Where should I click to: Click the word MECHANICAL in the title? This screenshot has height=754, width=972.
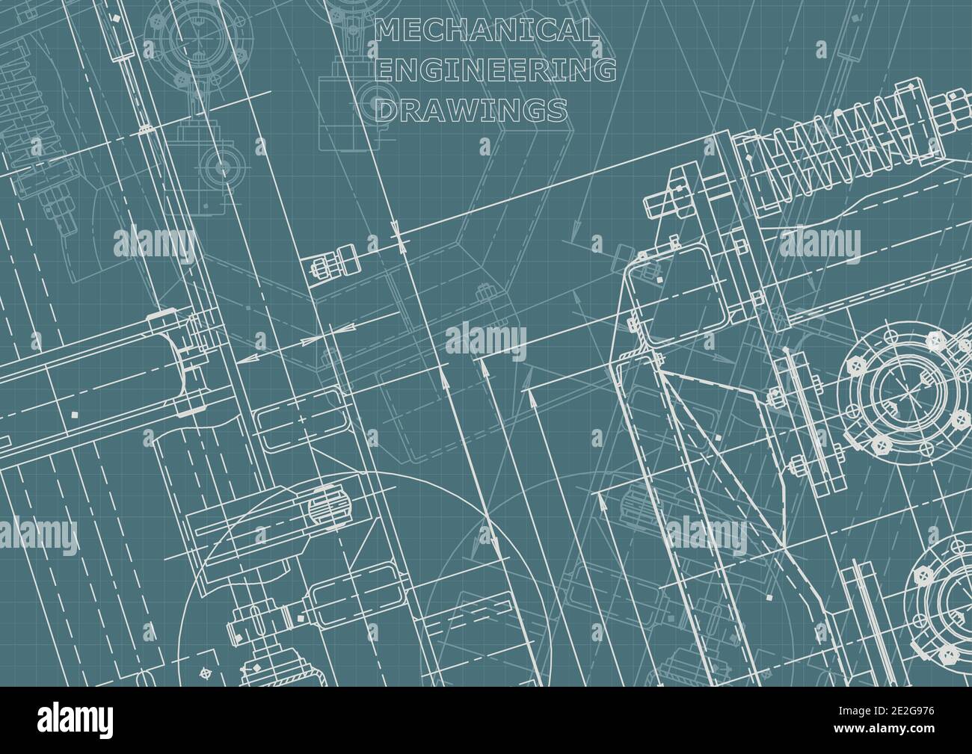click(487, 31)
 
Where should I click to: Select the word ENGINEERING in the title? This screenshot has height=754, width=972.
click(496, 70)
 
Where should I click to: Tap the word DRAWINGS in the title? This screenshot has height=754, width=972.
click(470, 111)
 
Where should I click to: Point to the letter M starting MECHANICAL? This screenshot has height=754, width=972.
click(387, 31)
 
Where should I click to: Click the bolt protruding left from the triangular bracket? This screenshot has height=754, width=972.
click(656, 203)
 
